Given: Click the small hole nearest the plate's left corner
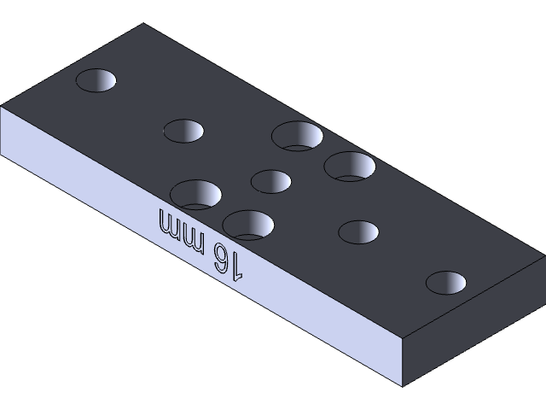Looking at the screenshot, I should (x=96, y=80).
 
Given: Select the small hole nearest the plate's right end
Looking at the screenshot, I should (x=447, y=282).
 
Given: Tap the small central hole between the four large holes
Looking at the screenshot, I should (x=271, y=181).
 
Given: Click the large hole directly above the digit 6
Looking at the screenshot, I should (x=248, y=224).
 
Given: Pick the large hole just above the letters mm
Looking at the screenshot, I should (x=195, y=194).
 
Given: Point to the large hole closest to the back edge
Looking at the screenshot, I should (x=297, y=135).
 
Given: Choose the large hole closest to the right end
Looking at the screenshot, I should (x=350, y=166).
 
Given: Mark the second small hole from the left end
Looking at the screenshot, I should (x=183, y=131).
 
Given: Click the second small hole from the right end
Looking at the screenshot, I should (x=358, y=231).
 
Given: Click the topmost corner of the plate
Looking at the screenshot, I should (x=142, y=24).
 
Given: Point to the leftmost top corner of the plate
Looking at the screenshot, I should (x=2, y=107).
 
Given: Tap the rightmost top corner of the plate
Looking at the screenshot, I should (x=543, y=255).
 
